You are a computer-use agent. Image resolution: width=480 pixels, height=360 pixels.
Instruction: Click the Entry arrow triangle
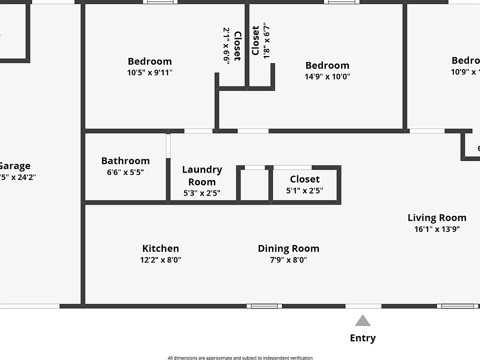[362, 321]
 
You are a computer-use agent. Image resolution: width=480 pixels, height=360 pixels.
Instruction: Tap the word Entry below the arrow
[362, 338]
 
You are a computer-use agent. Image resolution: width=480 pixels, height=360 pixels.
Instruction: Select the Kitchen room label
[160, 248]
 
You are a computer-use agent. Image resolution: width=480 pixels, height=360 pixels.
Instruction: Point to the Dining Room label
[288, 248]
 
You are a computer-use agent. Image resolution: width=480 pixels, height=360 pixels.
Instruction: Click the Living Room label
[436, 217]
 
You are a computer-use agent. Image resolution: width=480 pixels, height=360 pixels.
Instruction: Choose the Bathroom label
[125, 160]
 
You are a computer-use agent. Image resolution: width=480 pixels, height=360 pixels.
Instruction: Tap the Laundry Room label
[202, 175]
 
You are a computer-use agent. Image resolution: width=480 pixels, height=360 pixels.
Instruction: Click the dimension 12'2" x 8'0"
[160, 260]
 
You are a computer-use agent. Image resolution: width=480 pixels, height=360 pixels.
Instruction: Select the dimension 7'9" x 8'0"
[288, 260]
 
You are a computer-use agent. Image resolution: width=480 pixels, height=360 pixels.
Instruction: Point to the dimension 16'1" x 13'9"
[436, 229]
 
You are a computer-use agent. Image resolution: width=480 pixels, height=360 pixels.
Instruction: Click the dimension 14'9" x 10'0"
[327, 77]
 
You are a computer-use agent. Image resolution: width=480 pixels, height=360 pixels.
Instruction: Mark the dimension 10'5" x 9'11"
[150, 73]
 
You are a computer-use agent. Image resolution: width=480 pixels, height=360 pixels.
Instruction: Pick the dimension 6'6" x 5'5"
[125, 172]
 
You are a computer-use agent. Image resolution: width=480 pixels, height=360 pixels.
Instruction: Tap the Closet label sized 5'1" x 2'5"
[304, 179]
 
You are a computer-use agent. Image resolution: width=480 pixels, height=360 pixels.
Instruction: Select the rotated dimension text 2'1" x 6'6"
[226, 45]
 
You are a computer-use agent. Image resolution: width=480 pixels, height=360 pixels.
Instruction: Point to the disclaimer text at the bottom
[240, 357]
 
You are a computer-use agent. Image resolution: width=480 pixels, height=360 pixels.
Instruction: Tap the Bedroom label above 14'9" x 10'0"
[327, 65]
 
